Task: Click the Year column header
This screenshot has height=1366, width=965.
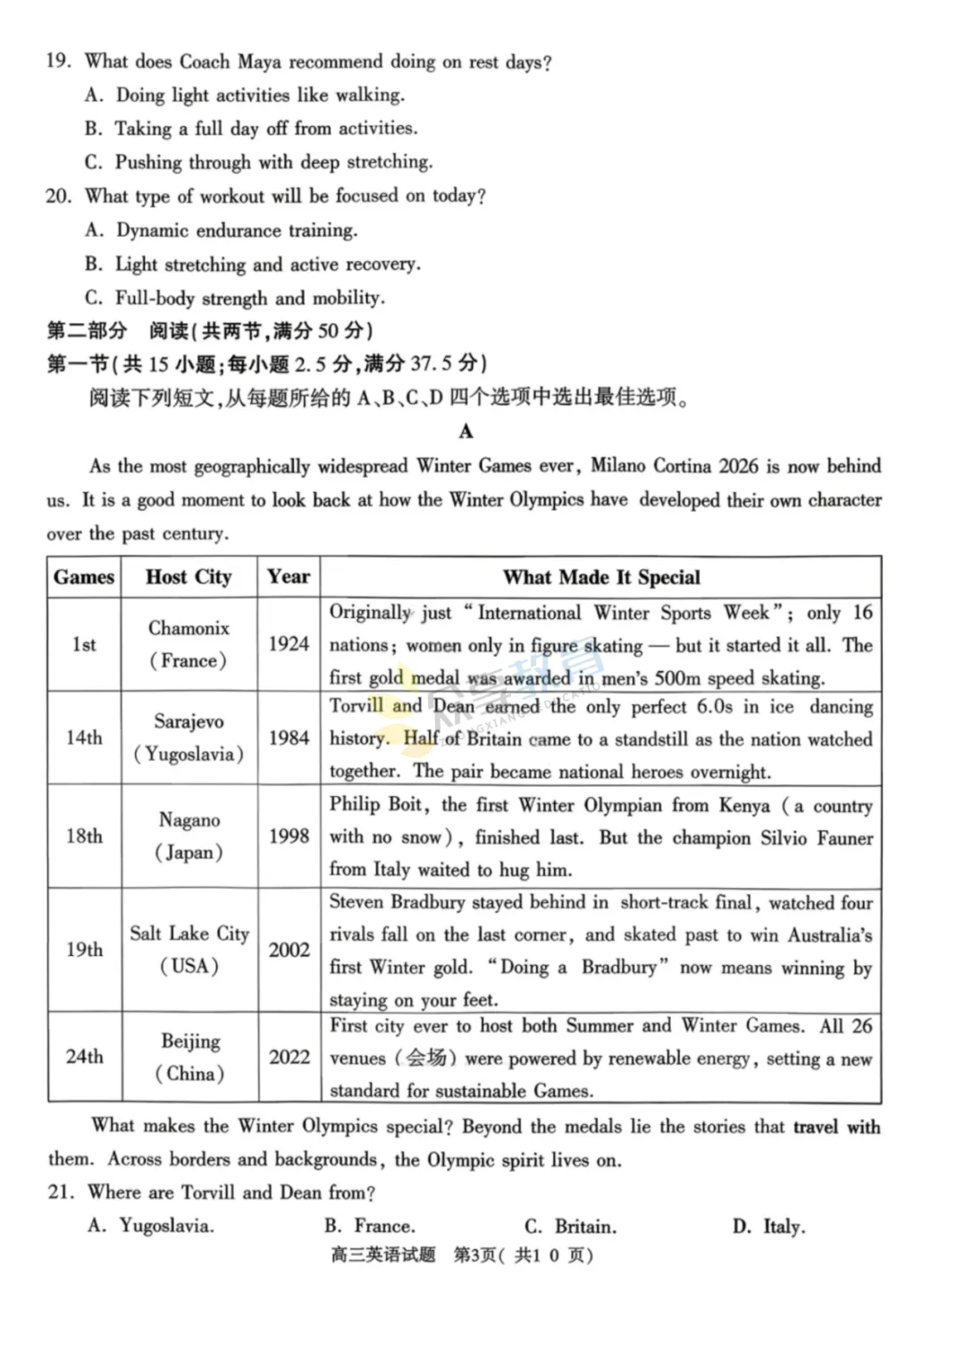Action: point(289,577)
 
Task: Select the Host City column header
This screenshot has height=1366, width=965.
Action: point(189,577)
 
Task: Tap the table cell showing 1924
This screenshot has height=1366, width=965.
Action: point(289,644)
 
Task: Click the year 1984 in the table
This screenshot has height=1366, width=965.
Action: point(289,738)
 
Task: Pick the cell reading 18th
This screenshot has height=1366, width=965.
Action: point(84,836)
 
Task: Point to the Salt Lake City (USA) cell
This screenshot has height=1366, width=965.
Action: point(189,949)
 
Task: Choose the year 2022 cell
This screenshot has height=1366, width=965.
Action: point(289,1057)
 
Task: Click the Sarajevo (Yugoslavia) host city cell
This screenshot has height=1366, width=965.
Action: point(189,738)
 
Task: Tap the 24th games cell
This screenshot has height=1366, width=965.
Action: point(84,1057)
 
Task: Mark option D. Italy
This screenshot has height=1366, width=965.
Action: point(768,1227)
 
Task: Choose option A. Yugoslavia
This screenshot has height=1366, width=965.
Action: point(151,1227)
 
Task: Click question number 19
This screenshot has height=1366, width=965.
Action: point(58,62)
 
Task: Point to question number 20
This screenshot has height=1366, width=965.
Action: point(58,196)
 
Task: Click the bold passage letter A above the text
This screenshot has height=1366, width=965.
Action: point(466,432)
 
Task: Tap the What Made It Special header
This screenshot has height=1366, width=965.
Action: point(601,577)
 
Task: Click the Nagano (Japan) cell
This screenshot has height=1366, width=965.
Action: point(189,836)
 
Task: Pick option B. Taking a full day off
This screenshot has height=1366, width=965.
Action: point(251,129)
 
